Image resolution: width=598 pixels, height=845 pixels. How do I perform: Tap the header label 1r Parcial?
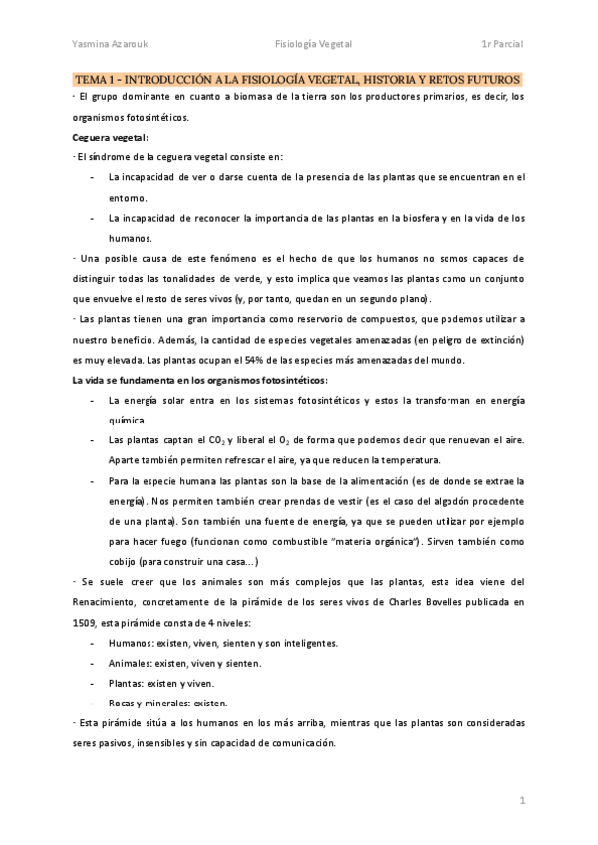point(502,43)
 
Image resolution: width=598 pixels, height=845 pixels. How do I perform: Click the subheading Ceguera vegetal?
point(109,137)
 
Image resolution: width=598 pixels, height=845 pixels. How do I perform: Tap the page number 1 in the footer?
point(521,801)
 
